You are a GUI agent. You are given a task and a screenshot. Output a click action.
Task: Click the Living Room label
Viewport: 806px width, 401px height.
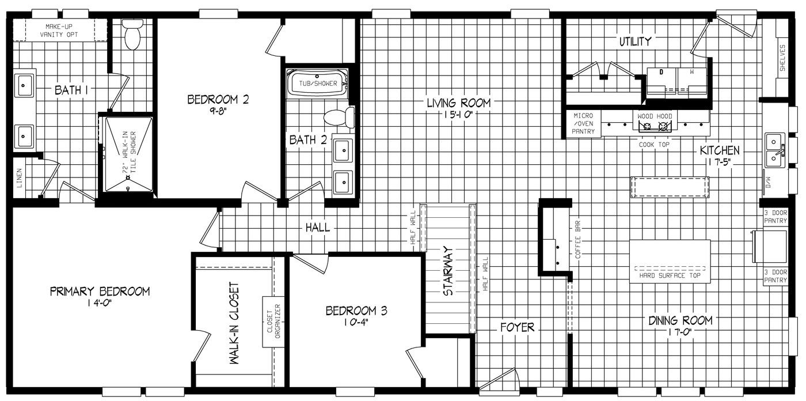(458, 103)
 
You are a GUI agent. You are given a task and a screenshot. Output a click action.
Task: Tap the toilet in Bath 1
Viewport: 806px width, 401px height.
(132, 37)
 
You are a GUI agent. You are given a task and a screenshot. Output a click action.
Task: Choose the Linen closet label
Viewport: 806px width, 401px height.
(18, 177)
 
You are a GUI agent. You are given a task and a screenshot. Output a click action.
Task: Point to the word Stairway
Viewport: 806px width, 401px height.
(448, 271)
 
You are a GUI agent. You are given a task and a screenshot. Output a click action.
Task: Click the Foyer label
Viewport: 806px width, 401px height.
(516, 327)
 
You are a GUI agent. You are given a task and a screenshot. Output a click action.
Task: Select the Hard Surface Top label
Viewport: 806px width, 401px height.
(670, 275)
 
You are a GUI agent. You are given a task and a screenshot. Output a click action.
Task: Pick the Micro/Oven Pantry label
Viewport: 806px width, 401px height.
(583, 123)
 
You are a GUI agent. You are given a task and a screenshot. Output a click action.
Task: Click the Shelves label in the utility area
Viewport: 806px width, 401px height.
(782, 58)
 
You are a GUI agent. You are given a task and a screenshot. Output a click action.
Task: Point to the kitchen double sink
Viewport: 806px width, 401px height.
(774, 150)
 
